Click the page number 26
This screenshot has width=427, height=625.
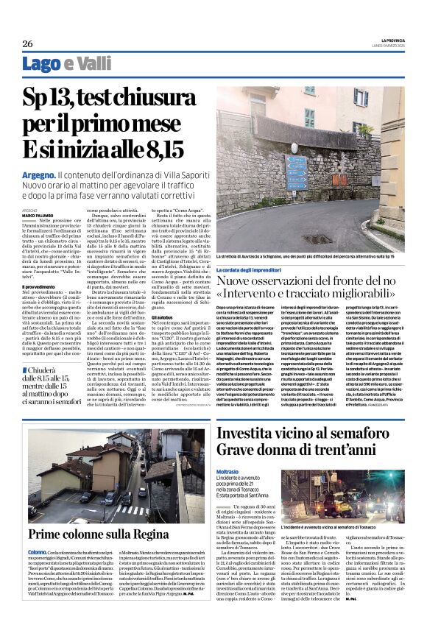click(27, 43)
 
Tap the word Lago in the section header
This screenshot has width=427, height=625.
click(40, 64)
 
